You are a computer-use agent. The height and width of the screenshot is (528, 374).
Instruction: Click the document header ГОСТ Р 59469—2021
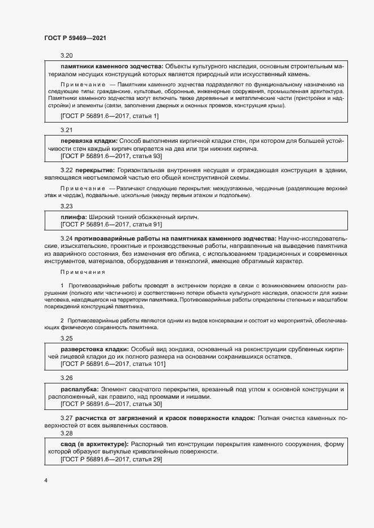pyautogui.click(x=75, y=38)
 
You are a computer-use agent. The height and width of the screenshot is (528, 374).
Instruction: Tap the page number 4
pyautogui.click(x=46, y=480)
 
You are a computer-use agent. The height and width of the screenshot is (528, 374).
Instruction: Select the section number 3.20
pyautogui.click(x=67, y=55)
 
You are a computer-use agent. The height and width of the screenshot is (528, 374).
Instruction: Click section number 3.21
pyautogui.click(x=67, y=130)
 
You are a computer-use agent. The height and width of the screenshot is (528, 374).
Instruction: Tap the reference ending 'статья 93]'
pyautogui.click(x=111, y=155)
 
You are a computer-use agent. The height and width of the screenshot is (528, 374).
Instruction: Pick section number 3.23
pyautogui.click(x=67, y=206)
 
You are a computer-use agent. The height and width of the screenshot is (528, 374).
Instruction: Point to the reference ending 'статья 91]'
pyautogui.click(x=111, y=224)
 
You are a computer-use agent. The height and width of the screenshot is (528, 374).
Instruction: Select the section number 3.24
pyautogui.click(x=67, y=239)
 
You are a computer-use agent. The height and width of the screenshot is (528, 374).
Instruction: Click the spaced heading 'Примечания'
pyautogui.click(x=83, y=272)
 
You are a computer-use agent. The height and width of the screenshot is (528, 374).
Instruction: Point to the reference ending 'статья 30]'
pyautogui.click(x=111, y=404)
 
